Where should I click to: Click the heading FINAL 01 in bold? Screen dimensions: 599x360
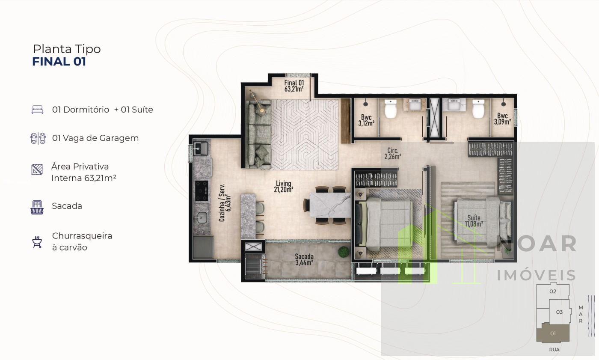point(59,62)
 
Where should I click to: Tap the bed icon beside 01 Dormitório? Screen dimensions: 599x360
point(38,110)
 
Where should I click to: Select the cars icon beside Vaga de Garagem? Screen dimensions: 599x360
point(38,138)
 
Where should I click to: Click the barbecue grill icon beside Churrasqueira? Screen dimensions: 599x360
point(37,242)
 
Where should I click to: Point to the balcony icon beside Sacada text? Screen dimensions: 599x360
point(37,207)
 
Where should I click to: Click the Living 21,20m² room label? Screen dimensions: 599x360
point(283,186)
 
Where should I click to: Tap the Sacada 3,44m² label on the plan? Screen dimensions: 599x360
point(304,259)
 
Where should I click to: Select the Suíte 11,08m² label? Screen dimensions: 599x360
point(474,221)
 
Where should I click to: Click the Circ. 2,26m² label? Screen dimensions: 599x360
point(393,154)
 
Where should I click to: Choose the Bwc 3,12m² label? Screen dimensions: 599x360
point(366,120)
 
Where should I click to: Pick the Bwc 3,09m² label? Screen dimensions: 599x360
point(502,119)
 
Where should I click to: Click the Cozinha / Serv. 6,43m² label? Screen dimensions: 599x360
point(225,202)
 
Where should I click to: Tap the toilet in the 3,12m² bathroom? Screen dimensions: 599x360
point(391,109)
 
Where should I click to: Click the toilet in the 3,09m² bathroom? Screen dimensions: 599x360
point(478,109)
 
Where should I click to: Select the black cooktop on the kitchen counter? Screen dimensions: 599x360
point(202,190)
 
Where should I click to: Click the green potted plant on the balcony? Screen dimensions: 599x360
point(344,252)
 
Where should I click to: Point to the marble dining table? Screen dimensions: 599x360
point(330,205)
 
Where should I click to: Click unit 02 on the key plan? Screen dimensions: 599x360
point(553,292)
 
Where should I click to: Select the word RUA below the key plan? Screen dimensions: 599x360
point(555,350)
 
